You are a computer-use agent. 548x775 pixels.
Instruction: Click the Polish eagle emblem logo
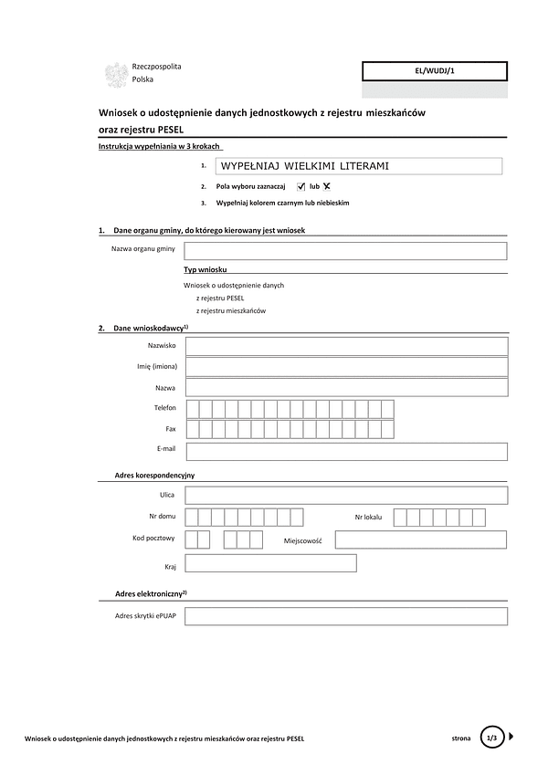pos(116,74)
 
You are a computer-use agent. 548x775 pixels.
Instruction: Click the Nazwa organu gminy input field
pos(345,251)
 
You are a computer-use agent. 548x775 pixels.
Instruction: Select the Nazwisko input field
pos(346,346)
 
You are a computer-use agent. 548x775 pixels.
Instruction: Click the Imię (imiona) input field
pos(346,366)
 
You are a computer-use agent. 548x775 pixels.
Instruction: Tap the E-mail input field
pos(346,452)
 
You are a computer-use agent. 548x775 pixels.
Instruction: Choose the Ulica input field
pos(346,495)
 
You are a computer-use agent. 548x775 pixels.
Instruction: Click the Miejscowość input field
pos(421,539)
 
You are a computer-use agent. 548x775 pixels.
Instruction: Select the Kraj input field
pos(270,563)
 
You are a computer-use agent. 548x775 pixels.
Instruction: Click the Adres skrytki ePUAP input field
pos(346,616)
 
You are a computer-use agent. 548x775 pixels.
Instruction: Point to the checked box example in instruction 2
pos(301,185)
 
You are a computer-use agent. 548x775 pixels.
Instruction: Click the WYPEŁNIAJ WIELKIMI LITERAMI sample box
pos(358,166)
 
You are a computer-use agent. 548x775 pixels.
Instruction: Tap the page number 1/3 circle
pos(491,737)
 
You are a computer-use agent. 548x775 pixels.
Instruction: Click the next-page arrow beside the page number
pos(511,736)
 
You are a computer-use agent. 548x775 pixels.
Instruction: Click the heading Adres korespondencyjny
pos(154,476)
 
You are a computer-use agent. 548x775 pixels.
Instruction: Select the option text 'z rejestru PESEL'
pos(219,298)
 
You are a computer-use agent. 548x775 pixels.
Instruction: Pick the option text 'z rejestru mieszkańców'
pos(230,310)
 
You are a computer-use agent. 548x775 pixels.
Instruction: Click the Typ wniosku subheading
pos(205,271)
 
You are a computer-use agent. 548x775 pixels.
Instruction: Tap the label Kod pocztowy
pos(153,539)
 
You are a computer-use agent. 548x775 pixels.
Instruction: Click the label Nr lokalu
pos(368,518)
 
